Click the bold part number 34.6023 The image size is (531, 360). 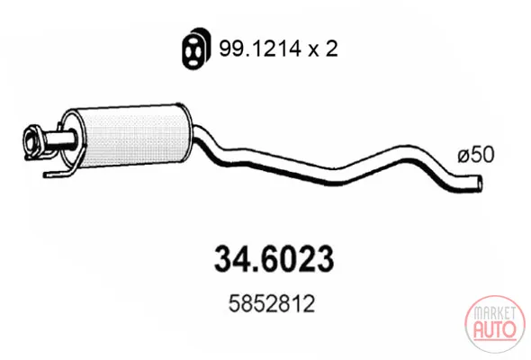click(x=274, y=259)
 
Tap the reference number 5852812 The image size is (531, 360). click(x=272, y=304)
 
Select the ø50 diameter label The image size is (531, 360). click(x=476, y=155)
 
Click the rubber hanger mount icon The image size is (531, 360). click(x=195, y=49)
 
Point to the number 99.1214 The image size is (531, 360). click(x=260, y=49)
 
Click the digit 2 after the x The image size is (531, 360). click(x=331, y=49)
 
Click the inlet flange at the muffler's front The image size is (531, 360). click(x=33, y=141)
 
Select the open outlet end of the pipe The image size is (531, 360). click(x=479, y=184)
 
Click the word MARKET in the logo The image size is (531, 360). click(x=494, y=313)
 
